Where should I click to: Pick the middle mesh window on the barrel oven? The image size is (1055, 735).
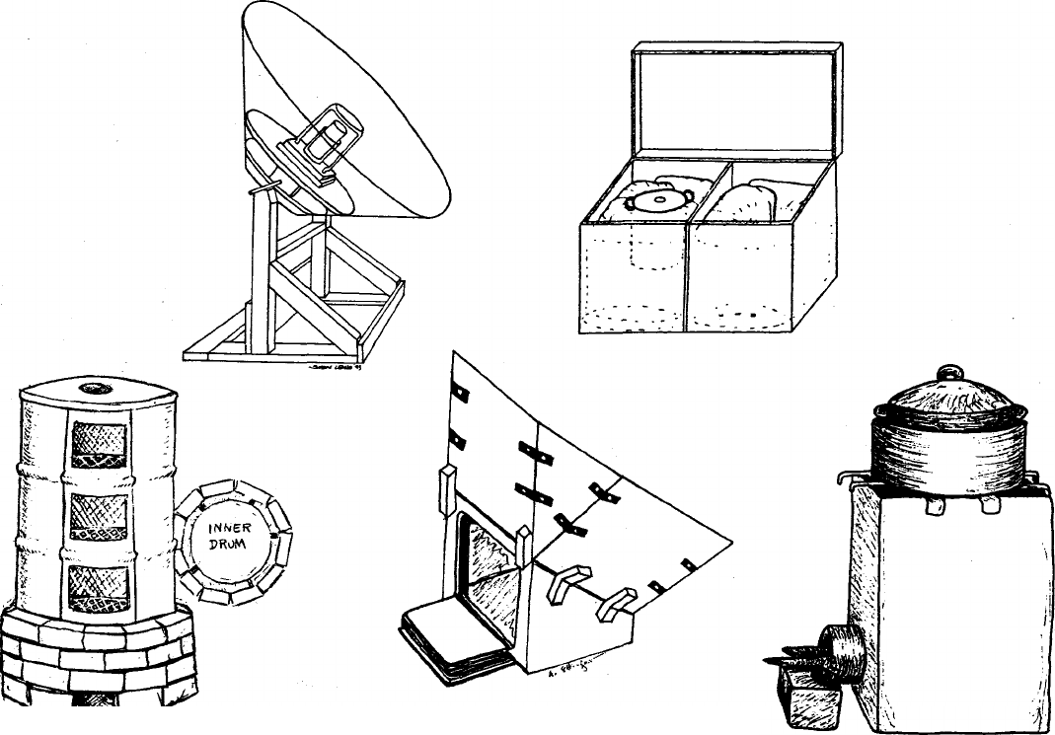click(x=100, y=516)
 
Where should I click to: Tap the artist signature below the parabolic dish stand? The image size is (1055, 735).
click(x=338, y=365)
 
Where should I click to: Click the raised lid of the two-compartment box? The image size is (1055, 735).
click(x=735, y=99)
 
